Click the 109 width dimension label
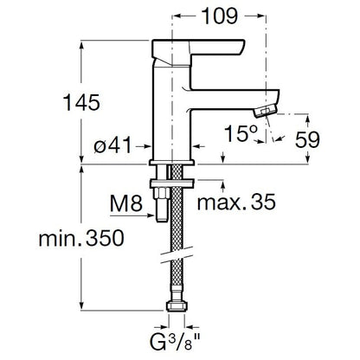click(220, 16)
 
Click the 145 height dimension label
click(81, 102)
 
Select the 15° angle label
click(241, 134)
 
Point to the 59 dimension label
click(307, 140)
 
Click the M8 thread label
click(126, 203)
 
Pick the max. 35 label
click(236, 202)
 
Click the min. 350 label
click(81, 238)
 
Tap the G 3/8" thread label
click(175, 342)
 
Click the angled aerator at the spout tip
click(266, 111)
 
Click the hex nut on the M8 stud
click(161, 193)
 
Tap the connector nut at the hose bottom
click(177, 305)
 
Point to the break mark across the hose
click(177, 255)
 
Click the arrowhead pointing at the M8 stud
click(151, 215)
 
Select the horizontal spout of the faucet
click(235, 100)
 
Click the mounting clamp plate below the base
click(172, 183)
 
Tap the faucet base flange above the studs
click(172, 163)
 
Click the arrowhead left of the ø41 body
click(147, 146)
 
